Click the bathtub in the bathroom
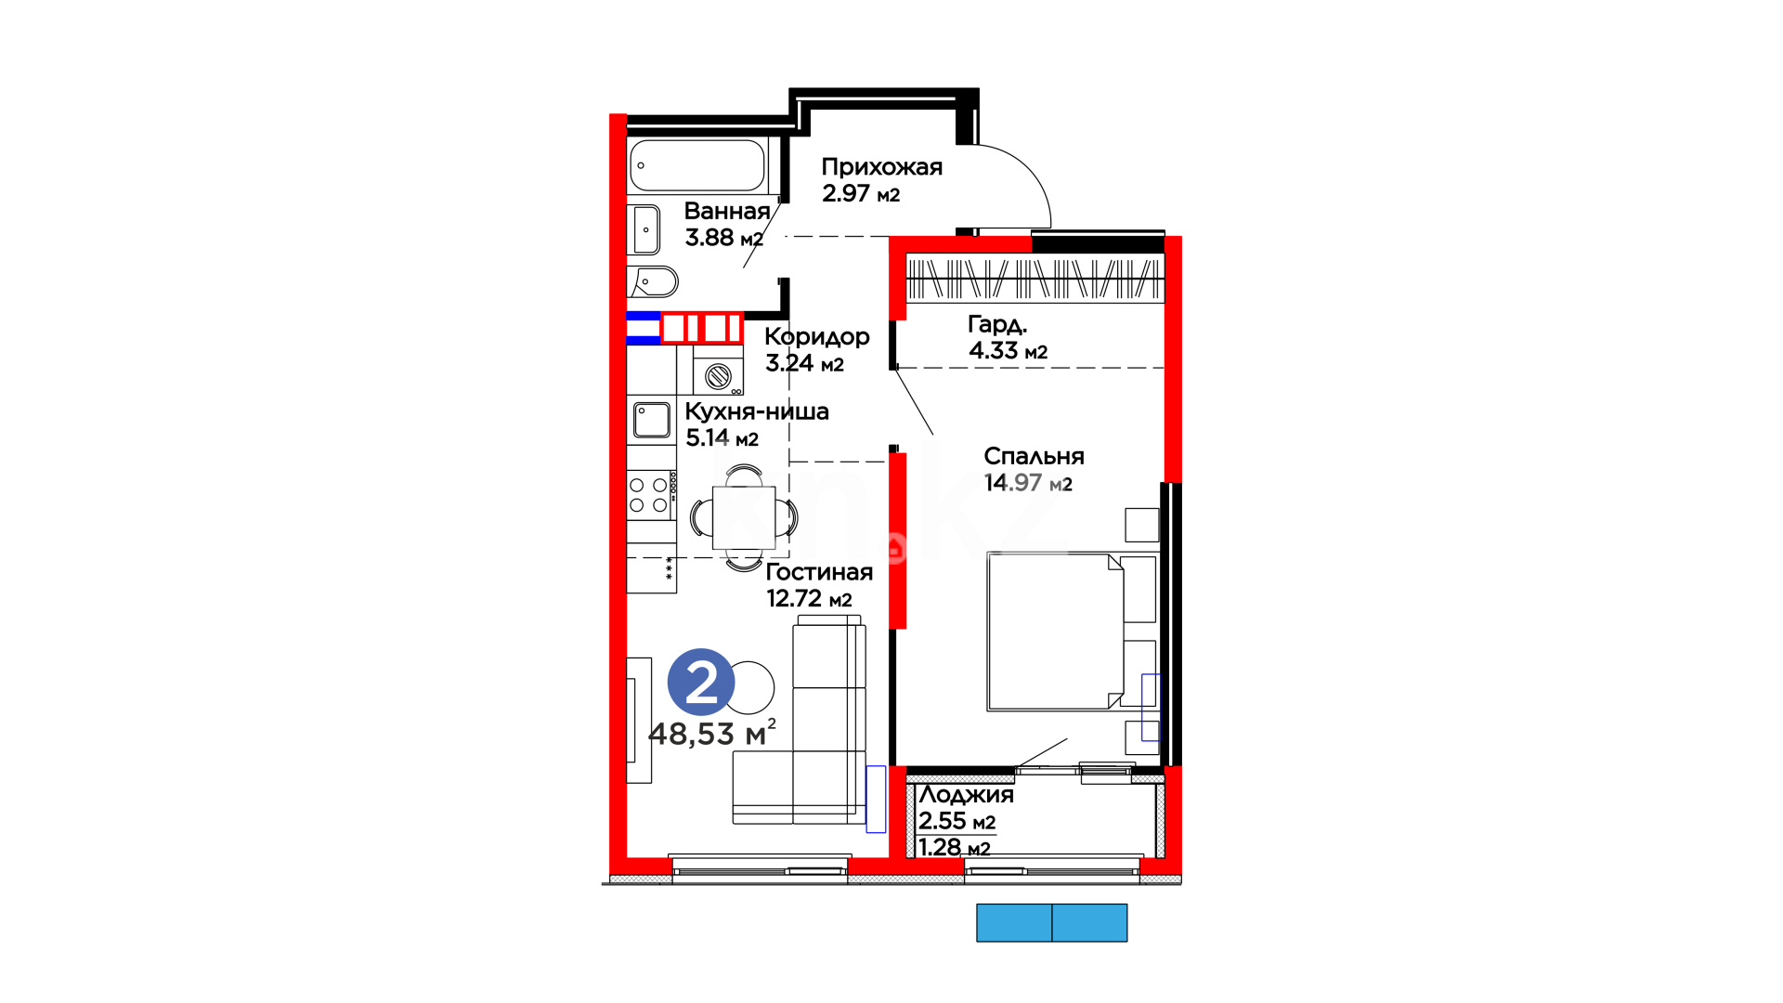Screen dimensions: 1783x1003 click(697, 165)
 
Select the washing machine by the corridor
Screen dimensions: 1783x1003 click(718, 371)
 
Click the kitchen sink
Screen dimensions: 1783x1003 click(652, 420)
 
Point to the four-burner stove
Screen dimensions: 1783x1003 click(652, 495)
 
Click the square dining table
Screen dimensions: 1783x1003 click(744, 517)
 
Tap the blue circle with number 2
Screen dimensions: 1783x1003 click(701, 683)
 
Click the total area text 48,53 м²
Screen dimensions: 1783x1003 click(712, 733)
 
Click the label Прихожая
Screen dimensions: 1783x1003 click(881, 167)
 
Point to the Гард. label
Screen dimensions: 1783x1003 click(997, 324)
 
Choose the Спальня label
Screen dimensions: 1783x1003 click(1034, 456)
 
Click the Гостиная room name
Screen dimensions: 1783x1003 click(819, 572)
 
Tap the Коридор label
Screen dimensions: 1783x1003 click(817, 337)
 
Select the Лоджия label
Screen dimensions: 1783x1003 click(966, 795)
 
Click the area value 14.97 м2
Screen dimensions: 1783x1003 click(1028, 483)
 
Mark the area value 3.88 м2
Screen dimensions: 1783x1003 click(724, 238)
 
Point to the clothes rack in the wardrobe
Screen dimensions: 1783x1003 click(1035, 278)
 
